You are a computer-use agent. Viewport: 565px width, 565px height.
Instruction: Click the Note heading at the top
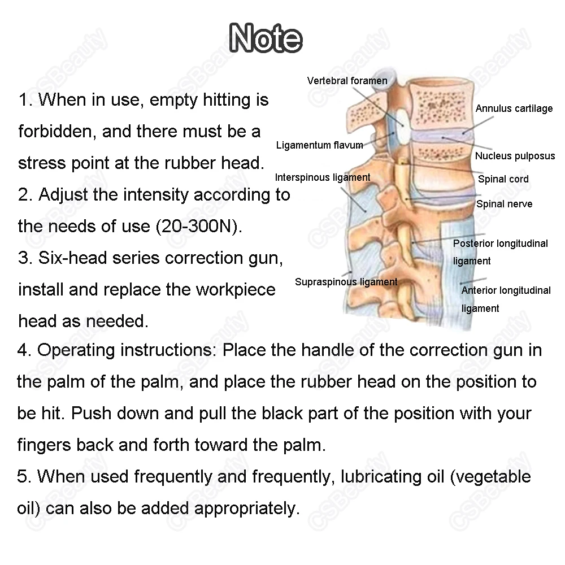266,38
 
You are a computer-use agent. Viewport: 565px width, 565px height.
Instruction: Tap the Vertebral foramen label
347,81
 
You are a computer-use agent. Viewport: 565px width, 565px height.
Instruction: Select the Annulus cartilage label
514,108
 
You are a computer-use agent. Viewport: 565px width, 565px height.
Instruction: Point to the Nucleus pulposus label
515,156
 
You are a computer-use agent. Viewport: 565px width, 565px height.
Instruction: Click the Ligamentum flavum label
319,145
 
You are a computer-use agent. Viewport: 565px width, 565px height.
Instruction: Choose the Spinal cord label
503,179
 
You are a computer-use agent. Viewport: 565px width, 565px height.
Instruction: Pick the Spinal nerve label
504,204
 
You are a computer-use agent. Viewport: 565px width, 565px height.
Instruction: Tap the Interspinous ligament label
323,177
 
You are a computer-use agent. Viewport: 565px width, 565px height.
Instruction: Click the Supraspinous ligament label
346,282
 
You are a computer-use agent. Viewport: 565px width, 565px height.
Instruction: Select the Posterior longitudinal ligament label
500,252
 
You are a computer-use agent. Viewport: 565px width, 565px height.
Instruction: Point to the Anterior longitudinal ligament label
505,299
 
